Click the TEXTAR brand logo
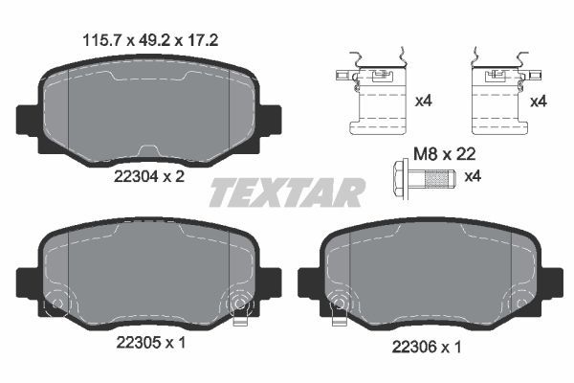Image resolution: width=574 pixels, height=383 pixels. click(x=287, y=193)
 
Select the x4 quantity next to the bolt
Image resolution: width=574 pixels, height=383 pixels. click(x=473, y=176)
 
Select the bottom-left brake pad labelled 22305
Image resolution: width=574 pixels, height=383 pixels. click(x=150, y=278)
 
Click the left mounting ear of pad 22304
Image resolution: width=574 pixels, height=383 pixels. click(x=30, y=121)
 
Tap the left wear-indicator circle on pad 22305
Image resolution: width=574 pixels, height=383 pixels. click(x=56, y=305)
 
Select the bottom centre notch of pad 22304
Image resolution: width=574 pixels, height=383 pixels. click(x=150, y=151)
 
